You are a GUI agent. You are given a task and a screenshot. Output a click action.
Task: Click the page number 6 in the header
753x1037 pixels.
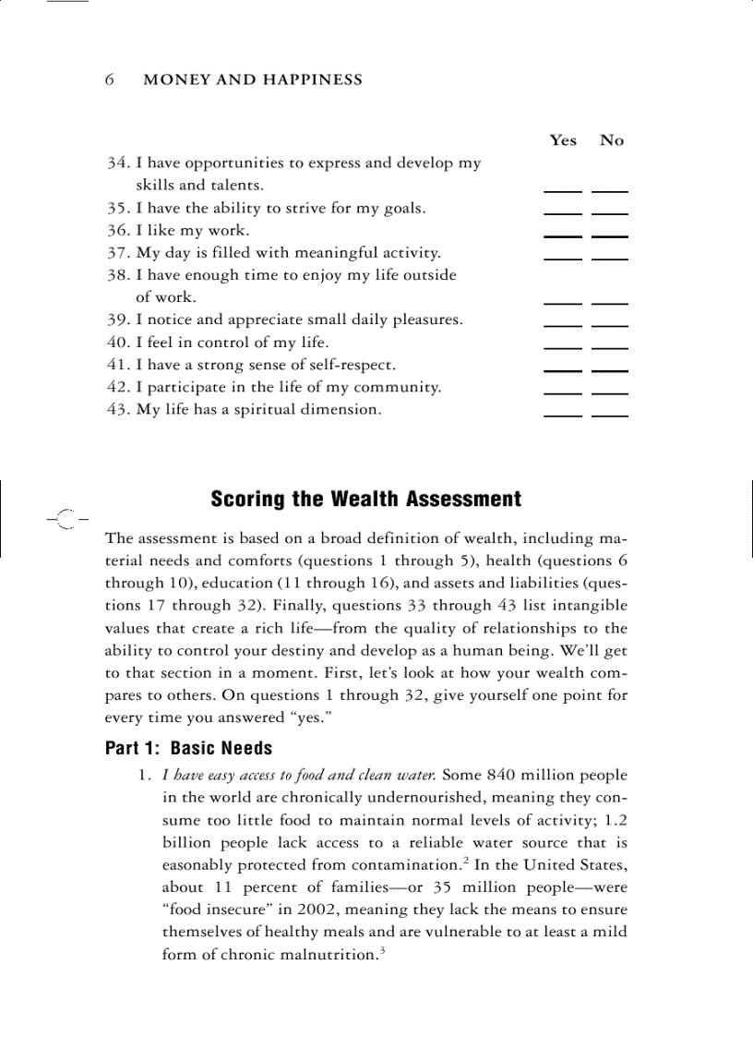110,80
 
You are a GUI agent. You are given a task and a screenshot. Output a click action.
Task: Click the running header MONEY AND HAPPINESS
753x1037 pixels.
253,80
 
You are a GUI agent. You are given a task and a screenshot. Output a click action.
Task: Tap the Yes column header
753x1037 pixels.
562,140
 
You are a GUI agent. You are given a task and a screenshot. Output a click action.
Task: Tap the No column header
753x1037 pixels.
611,140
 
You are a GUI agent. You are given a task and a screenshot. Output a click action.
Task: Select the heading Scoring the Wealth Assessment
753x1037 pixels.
365,500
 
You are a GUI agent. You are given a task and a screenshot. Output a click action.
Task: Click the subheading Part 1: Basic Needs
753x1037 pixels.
189,748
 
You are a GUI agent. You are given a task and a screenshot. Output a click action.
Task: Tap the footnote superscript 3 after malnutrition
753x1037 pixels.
380,951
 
